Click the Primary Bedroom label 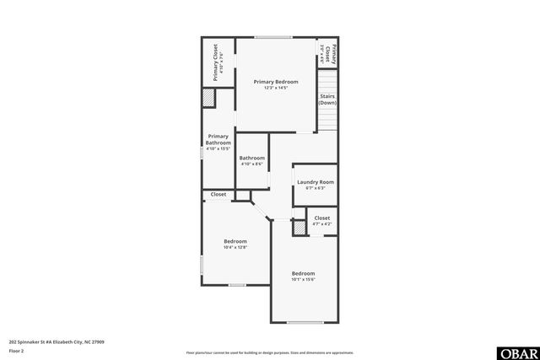pos(275,82)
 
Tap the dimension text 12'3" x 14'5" pos(275,88)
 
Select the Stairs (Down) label pos(327,99)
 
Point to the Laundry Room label pos(315,182)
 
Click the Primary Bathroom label pos(218,139)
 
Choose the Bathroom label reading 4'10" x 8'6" pos(251,159)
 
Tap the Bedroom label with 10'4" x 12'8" pos(235,242)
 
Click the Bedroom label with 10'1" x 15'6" pos(303,274)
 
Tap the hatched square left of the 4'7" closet pos(299,227)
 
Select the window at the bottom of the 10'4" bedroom pos(237,285)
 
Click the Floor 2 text pos(16,351)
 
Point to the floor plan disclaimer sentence pos(269,352)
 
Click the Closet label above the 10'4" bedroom pos(219,195)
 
